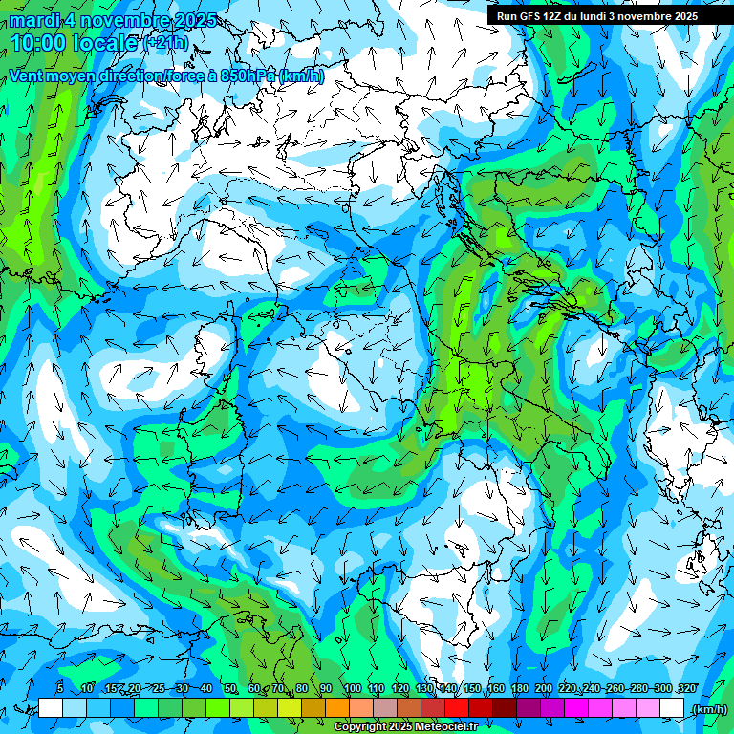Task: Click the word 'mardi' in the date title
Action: click(32, 20)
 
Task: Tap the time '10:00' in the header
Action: click(38, 42)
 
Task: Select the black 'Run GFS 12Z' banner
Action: click(596, 15)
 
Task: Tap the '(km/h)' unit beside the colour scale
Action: click(708, 708)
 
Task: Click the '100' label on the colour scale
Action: click(352, 689)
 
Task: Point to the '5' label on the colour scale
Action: click(60, 689)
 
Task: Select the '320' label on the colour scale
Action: click(686, 689)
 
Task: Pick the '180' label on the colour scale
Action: click(519, 689)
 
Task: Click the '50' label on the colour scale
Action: click(230, 689)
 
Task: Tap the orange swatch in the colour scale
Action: click(337, 708)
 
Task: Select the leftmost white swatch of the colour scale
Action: click(51, 708)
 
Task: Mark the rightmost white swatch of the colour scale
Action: click(672, 708)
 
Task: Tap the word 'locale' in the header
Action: click(105, 42)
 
